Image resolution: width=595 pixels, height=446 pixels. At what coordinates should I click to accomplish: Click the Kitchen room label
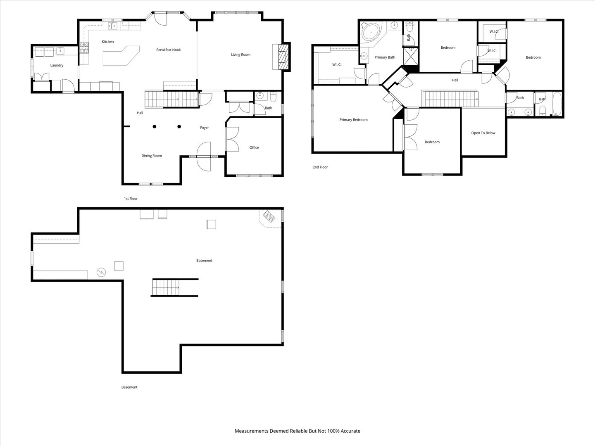[x=107, y=41]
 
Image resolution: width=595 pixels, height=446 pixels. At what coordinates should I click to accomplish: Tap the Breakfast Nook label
[x=168, y=50]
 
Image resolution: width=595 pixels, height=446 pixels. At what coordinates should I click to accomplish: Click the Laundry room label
[x=57, y=65]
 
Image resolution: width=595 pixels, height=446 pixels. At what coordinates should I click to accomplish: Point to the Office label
[x=254, y=147]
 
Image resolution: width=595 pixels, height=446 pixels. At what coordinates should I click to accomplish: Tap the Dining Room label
[x=152, y=156]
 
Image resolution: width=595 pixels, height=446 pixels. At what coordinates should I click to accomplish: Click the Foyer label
[x=205, y=128]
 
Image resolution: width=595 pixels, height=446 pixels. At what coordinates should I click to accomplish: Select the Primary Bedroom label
[x=353, y=120]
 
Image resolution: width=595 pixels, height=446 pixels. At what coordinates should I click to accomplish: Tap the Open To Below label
[x=483, y=133]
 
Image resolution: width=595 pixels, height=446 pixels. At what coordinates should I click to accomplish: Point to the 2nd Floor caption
[x=320, y=167]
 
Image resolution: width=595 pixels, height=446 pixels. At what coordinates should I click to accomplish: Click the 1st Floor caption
[x=131, y=199]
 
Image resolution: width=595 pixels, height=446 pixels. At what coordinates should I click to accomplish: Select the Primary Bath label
[x=385, y=57]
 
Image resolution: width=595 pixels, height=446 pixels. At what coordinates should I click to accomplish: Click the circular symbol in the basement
[x=101, y=272]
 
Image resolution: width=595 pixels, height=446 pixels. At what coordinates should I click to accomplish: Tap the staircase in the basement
[x=165, y=287]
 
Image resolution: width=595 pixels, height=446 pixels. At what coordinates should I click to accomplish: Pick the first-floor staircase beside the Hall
[x=171, y=99]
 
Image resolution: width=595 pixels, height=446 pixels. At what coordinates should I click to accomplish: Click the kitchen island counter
[x=121, y=55]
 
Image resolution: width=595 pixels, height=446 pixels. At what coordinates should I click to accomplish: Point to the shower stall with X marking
[x=411, y=56]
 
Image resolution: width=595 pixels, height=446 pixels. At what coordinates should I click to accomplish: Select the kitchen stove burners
[x=84, y=48]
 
